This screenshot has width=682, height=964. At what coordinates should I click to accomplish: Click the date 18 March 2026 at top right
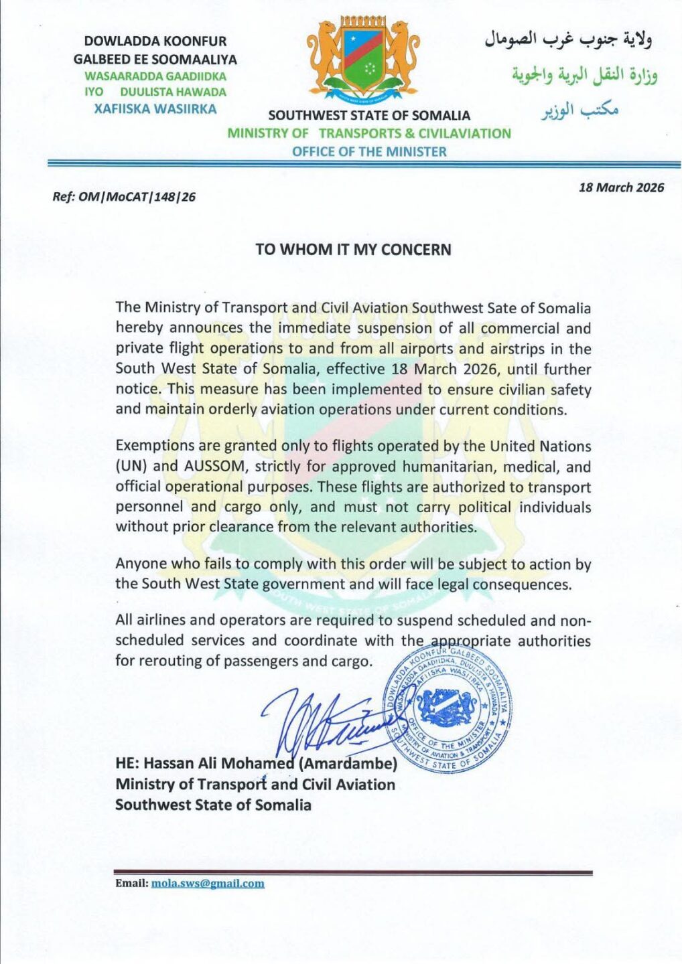[621, 187]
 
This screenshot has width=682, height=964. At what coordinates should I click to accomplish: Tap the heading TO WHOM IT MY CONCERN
[353, 250]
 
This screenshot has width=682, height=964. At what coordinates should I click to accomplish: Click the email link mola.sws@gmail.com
[208, 884]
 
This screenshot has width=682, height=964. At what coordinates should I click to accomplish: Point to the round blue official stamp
[447, 710]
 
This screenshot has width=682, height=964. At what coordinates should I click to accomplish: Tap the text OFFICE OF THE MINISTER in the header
[368, 152]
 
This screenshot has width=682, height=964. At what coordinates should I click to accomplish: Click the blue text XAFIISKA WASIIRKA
[155, 108]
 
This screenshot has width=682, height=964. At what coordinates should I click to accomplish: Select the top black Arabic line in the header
[568, 40]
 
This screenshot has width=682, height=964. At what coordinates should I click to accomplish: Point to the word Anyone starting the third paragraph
[138, 564]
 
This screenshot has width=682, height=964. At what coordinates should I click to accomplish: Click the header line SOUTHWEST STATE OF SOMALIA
[368, 116]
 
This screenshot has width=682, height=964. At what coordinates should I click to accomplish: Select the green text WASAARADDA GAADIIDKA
[155, 76]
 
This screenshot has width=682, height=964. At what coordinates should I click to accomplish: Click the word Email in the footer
[131, 884]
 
